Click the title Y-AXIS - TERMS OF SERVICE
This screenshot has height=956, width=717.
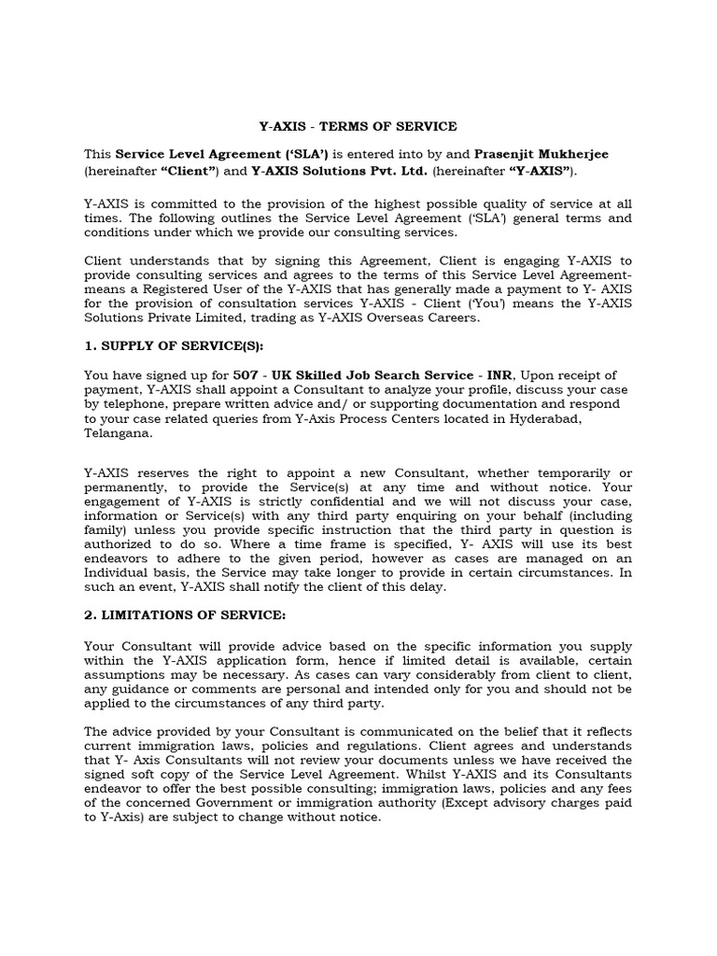(358, 126)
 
